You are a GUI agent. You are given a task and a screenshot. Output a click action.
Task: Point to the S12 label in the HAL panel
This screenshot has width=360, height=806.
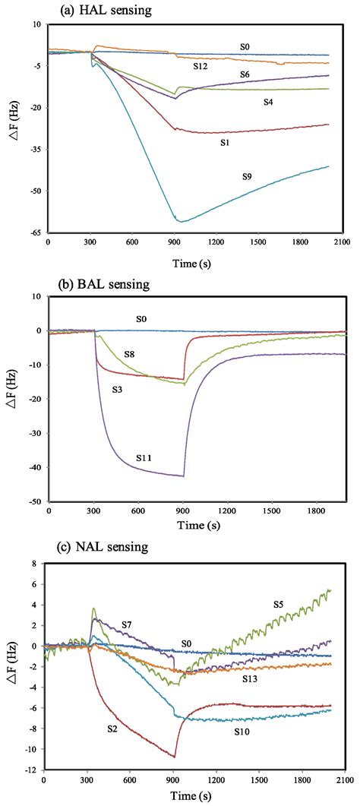[x=201, y=67]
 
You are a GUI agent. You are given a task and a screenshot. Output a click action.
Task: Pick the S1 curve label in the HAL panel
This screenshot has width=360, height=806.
[x=225, y=142]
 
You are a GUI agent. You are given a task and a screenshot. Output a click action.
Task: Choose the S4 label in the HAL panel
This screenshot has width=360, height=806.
[x=269, y=101]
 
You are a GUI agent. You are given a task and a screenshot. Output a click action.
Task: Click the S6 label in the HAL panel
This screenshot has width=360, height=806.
[x=245, y=74]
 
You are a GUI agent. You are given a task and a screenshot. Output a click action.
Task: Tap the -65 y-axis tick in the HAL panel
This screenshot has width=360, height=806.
[x=35, y=232]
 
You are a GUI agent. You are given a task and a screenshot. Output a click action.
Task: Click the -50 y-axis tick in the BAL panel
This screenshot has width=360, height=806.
[x=35, y=502]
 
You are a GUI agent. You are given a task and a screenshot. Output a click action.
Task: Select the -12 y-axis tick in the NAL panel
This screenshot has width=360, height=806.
[x=31, y=770]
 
